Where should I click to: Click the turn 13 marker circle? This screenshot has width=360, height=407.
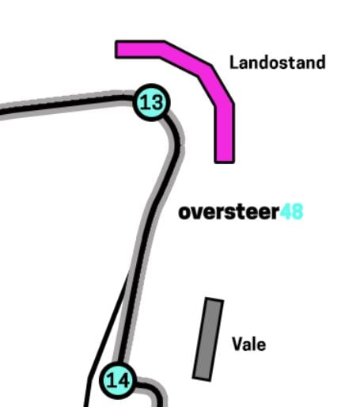click(x=151, y=102)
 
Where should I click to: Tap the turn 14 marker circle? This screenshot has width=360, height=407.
click(x=118, y=380)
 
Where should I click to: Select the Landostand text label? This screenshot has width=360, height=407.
click(x=278, y=63)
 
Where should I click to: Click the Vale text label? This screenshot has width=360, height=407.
click(x=249, y=344)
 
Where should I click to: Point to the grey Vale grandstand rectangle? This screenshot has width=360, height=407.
click(x=208, y=339)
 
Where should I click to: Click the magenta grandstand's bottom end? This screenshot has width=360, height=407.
click(x=224, y=162)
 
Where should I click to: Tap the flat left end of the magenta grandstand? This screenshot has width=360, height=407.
click(x=116, y=49)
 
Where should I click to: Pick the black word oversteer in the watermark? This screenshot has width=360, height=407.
click(x=229, y=211)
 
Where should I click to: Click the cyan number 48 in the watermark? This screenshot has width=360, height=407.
click(x=291, y=211)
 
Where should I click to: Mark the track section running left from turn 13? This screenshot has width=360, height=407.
click(x=66, y=105)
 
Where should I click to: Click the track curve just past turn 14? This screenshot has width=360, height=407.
click(x=152, y=390)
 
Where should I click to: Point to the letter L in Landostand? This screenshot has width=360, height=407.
click(x=234, y=63)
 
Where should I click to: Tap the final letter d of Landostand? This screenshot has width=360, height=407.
click(x=320, y=63)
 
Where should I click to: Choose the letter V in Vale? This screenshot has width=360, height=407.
click(x=237, y=344)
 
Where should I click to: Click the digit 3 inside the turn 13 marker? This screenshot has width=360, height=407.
click(x=157, y=102)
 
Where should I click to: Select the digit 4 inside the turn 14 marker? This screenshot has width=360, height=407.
click(x=123, y=380)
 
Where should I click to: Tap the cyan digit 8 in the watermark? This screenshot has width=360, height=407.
click(x=297, y=211)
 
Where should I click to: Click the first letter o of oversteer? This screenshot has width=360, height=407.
click(x=184, y=213)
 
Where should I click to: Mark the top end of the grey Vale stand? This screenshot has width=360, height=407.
click(x=214, y=299)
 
